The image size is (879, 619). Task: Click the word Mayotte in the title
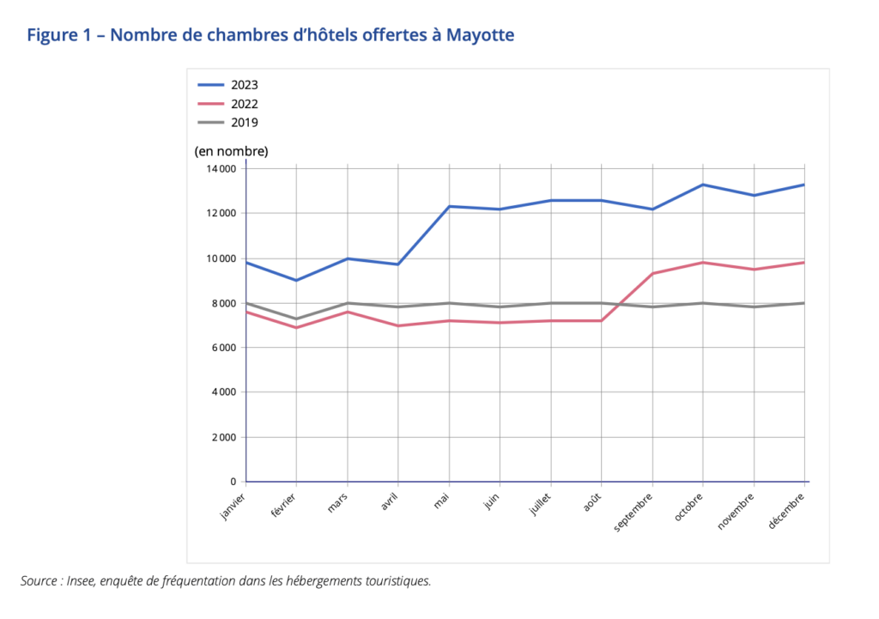point(480,35)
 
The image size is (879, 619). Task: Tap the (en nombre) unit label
point(231,151)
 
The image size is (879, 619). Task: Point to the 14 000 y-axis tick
point(221,169)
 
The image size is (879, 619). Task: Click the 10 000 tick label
point(221,258)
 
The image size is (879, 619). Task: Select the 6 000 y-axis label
point(223,348)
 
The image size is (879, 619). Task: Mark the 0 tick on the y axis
point(234,482)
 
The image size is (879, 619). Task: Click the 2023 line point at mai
point(449,206)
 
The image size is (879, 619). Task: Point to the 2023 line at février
point(296,280)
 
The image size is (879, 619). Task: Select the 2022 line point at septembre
point(652,274)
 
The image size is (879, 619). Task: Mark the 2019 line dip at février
point(296,319)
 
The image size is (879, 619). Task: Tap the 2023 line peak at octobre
point(703,185)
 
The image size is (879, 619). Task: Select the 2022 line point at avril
point(398,325)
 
